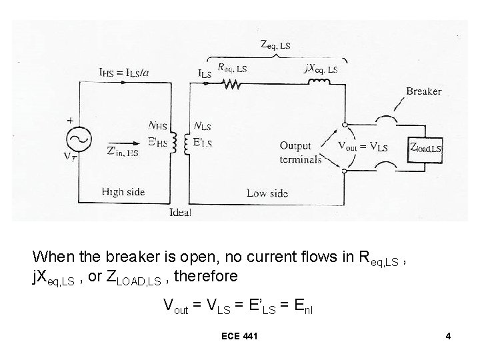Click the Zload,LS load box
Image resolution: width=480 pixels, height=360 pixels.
tap(425, 147)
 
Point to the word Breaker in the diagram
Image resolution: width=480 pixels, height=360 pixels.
tap(423, 91)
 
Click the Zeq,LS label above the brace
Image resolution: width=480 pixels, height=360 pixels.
tap(275, 46)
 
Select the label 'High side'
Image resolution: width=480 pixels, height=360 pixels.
tap(122, 192)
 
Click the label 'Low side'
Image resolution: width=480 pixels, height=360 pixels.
tap(267, 193)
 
